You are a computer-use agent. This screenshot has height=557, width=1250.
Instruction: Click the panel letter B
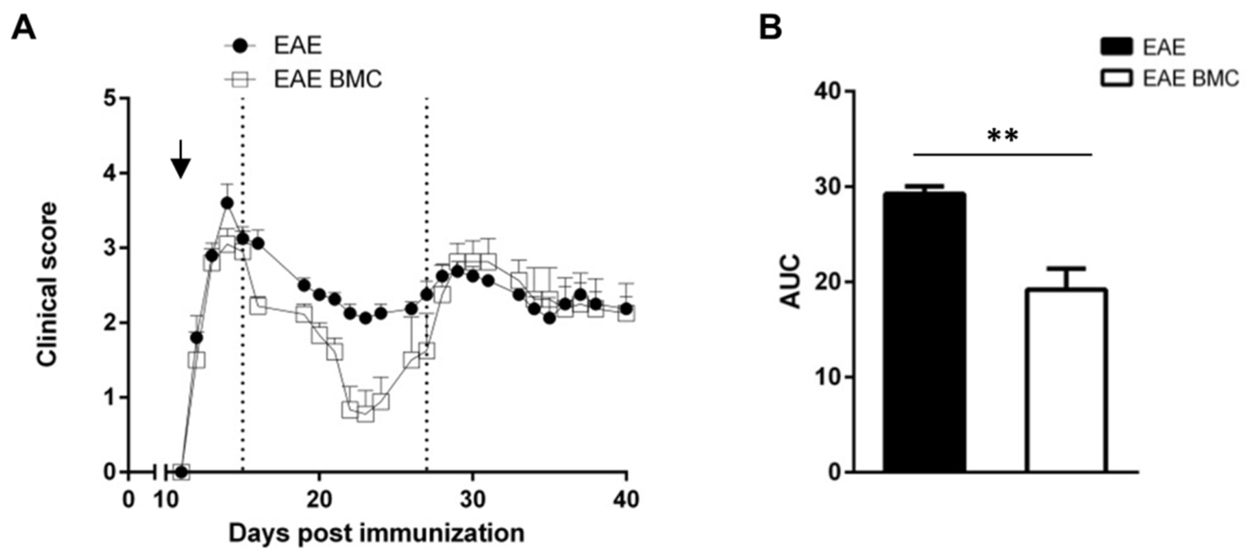771,28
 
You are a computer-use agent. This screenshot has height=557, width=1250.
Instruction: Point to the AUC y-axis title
792,281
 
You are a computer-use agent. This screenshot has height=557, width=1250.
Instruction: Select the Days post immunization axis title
376,533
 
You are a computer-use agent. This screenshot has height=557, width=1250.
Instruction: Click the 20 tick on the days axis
319,499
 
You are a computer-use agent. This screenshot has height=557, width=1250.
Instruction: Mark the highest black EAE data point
226,203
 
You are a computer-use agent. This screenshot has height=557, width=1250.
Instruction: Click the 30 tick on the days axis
472,499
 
